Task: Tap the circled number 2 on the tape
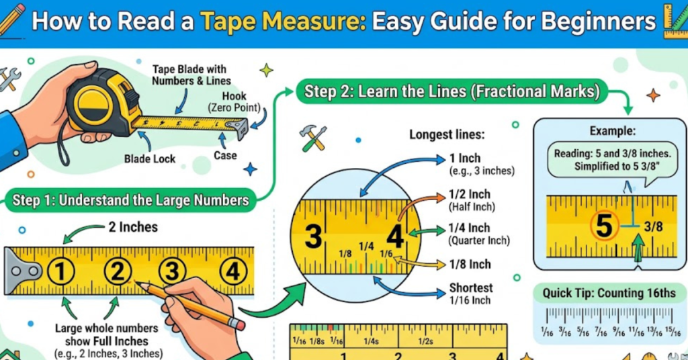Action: pos(118,272)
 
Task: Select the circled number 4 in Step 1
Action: pos(232,272)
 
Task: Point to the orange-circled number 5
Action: pos(604,226)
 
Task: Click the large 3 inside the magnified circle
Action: pos(313,237)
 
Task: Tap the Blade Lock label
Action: pos(149,159)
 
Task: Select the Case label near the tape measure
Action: pos(225,156)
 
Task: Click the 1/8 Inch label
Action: pos(470,264)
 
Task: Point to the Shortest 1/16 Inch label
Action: pos(470,294)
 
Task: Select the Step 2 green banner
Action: pos(451,91)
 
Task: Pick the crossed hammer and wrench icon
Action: pos(313,138)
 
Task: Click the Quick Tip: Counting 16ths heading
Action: pos(609,294)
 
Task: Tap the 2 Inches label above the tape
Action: pos(133,227)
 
